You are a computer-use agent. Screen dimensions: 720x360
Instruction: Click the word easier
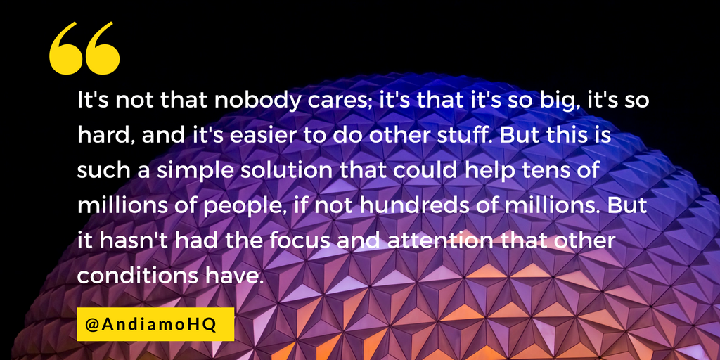pyautogui.click(x=239, y=136)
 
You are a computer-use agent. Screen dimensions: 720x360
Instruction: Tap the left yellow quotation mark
pyautogui.click(x=65, y=48)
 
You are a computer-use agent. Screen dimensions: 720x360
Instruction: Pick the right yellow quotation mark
pyautogui.click(x=103, y=48)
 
